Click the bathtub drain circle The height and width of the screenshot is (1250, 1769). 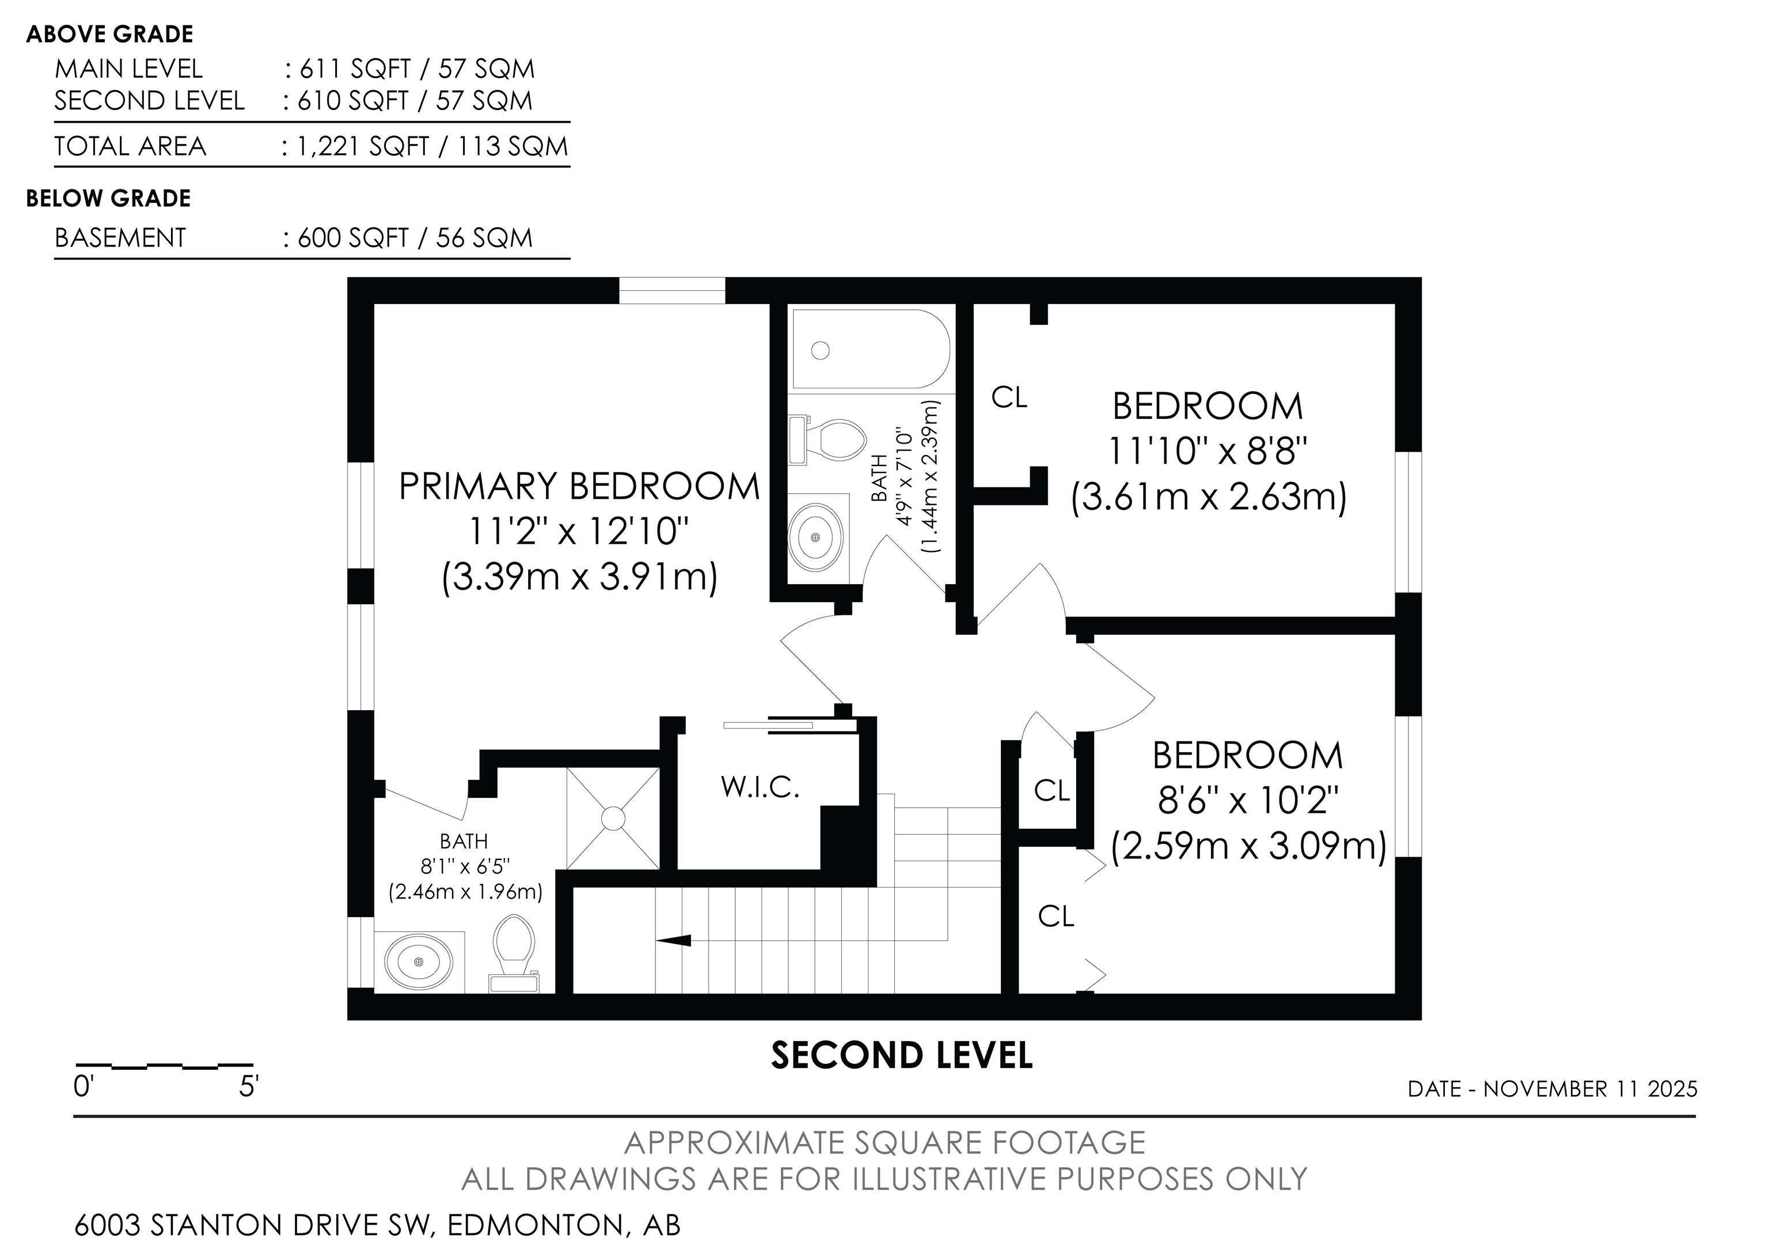click(821, 351)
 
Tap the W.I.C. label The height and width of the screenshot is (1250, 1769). click(761, 787)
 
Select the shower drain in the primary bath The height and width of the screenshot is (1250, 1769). click(613, 819)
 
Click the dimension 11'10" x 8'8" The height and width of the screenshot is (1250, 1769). click(1208, 451)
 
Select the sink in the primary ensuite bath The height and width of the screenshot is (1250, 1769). click(419, 962)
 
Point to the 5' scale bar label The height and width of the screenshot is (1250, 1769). click(249, 1088)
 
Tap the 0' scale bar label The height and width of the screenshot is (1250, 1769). click(83, 1088)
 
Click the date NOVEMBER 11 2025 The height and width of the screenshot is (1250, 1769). click(1590, 1089)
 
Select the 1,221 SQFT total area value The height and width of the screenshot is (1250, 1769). click(362, 146)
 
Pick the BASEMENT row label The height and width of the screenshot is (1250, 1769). click(120, 237)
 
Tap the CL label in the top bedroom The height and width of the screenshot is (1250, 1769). click(1009, 397)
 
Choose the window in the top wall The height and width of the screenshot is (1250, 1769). click(672, 290)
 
